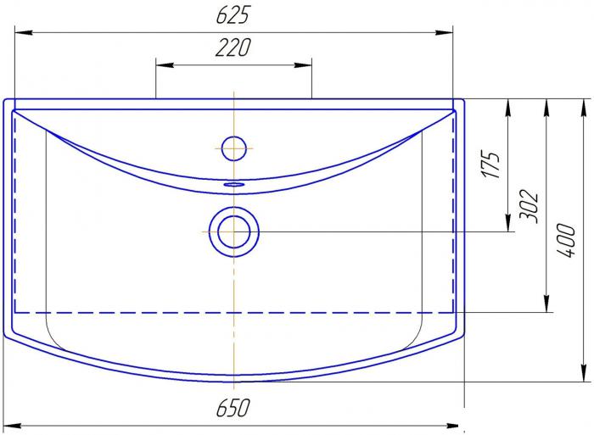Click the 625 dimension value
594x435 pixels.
[233, 15]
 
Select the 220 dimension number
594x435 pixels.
[233, 47]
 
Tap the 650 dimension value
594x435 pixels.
[233, 407]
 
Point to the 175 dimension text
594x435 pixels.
[491, 165]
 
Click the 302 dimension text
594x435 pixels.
[529, 206]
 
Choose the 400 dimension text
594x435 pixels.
[566, 241]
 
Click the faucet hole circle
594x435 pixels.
[234, 148]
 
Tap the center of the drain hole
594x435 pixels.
[234, 231]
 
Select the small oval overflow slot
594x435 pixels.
[234, 184]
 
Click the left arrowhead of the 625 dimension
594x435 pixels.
[23, 33]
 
